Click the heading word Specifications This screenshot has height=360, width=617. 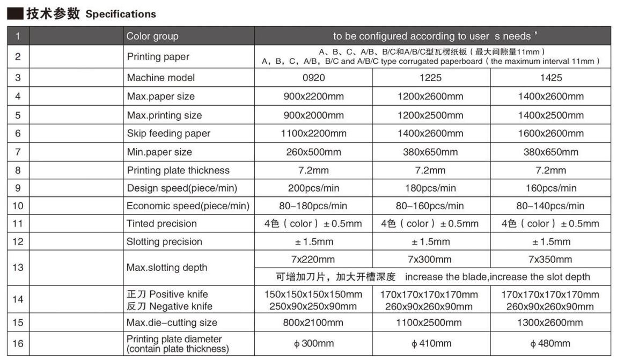pyautogui.click(x=121, y=14)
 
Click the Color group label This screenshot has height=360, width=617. pyautogui.click(x=152, y=36)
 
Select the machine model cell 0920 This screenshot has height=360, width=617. pyautogui.click(x=313, y=78)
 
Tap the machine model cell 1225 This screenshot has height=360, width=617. pyautogui.click(x=430, y=78)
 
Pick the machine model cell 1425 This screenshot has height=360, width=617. pyautogui.click(x=550, y=78)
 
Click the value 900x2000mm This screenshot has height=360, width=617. pyautogui.click(x=313, y=115)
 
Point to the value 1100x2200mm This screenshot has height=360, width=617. pyautogui.click(x=313, y=134)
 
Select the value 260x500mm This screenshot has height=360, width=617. pyautogui.click(x=313, y=152)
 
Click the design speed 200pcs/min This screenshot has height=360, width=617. pyautogui.click(x=313, y=188)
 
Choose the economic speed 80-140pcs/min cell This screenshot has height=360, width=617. pyautogui.click(x=550, y=206)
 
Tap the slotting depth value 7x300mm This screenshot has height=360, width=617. pyautogui.click(x=430, y=260)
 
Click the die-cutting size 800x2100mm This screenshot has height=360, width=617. pyautogui.click(x=313, y=323)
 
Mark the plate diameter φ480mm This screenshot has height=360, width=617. pyautogui.click(x=550, y=344)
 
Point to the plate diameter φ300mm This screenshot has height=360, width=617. pyautogui.click(x=313, y=344)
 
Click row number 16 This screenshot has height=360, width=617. pyautogui.click(x=18, y=344)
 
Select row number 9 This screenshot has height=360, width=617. pyautogui.click(x=18, y=188)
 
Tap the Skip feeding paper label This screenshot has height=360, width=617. pyautogui.click(x=168, y=134)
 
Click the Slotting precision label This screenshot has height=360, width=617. pyautogui.click(x=164, y=242)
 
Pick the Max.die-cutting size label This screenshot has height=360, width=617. pyautogui.click(x=172, y=323)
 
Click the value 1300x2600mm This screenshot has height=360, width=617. pyautogui.click(x=550, y=323)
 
